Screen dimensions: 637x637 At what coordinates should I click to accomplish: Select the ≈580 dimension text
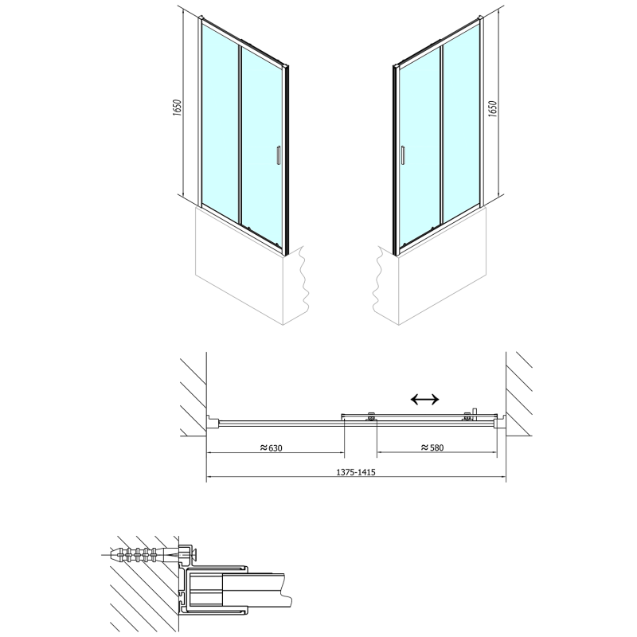431,447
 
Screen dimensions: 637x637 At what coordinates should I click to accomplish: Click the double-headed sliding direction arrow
423,399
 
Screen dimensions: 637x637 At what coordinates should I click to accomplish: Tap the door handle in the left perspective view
277,155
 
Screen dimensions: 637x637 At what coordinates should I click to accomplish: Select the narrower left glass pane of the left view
219,119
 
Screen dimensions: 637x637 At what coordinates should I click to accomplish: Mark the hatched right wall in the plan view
522,394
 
